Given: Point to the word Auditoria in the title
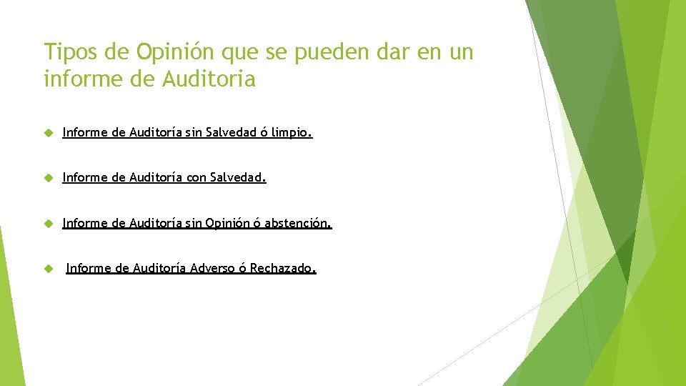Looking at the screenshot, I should point(209,79).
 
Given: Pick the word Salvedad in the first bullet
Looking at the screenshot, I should point(230,132).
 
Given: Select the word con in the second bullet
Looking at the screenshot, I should point(196,177).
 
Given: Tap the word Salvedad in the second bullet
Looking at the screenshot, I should point(238,177).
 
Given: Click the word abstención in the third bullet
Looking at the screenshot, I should point(298,223).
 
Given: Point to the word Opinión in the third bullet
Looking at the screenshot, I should point(228,223).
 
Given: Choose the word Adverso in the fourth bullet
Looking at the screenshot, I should point(212,269).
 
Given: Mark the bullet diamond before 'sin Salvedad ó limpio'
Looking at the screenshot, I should point(48,133).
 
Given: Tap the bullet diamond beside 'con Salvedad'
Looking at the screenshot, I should point(48,178).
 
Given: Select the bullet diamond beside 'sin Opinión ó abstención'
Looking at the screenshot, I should point(48,224).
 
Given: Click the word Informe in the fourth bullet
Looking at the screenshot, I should point(88,269).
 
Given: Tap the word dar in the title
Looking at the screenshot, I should point(414,52).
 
